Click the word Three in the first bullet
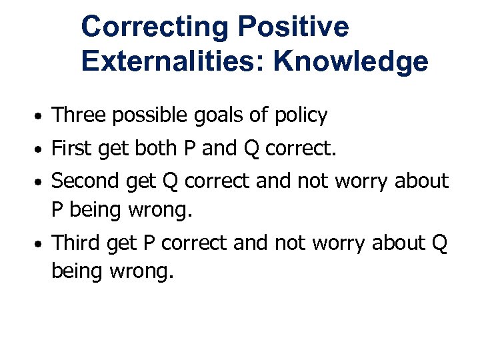point(79,115)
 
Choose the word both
point(159,148)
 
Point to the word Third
point(75,243)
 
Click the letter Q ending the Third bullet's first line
point(439,245)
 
